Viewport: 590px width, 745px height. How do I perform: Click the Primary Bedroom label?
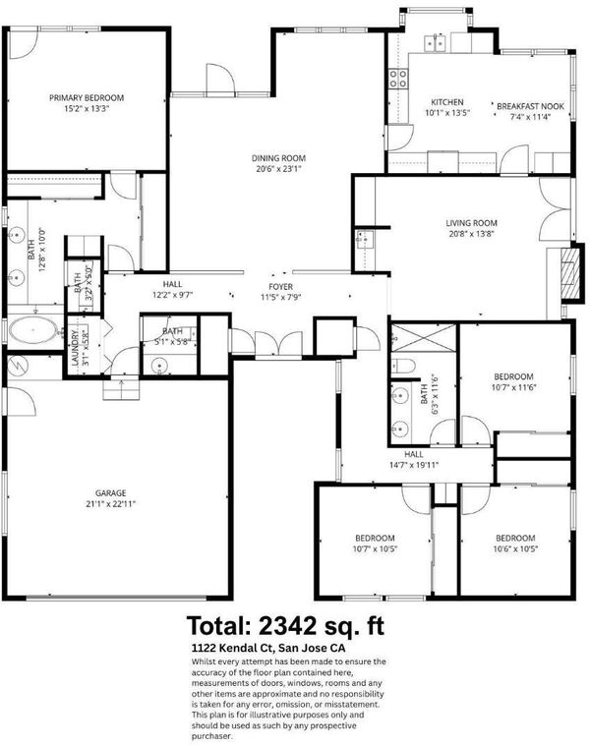pyautogui.click(x=87, y=98)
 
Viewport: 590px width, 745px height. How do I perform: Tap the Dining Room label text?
pyautogui.click(x=278, y=158)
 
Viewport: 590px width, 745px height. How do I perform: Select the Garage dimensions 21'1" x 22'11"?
pyautogui.click(x=111, y=504)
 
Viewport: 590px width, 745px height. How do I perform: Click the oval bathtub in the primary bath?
pyautogui.click(x=33, y=329)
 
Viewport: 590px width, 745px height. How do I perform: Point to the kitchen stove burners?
pyautogui.click(x=398, y=79)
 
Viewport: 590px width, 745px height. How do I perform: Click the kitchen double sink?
pyautogui.click(x=436, y=43)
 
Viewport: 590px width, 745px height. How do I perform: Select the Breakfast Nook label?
pyautogui.click(x=531, y=106)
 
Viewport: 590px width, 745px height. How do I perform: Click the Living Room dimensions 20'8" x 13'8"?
pyautogui.click(x=472, y=234)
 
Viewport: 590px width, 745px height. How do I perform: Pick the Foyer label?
pyautogui.click(x=281, y=287)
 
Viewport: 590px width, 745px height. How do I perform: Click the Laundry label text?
pyautogui.click(x=75, y=347)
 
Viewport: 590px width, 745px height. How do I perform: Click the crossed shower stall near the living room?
pyautogui.click(x=423, y=337)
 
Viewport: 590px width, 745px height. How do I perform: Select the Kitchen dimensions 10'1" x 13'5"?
pyautogui.click(x=447, y=113)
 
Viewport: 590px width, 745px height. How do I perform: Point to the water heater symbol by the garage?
pyautogui.click(x=18, y=366)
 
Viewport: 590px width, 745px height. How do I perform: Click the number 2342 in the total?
pyautogui.click(x=288, y=626)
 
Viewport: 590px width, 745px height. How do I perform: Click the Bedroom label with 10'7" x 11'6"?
pyautogui.click(x=513, y=376)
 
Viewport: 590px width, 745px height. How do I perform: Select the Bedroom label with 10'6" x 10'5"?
pyautogui.click(x=515, y=539)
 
